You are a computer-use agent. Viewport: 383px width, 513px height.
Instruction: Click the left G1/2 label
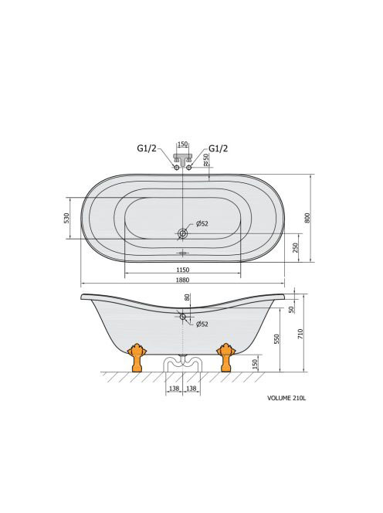147,148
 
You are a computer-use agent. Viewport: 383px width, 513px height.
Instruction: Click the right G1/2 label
218,148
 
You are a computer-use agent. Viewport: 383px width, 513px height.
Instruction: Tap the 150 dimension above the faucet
182,144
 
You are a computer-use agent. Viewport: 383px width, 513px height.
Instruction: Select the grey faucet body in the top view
182,158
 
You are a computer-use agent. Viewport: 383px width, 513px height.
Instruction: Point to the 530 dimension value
66,218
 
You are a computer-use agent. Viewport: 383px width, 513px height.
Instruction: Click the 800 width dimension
307,218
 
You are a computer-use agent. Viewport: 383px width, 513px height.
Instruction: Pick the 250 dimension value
296,248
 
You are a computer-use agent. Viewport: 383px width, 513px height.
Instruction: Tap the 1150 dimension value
183,270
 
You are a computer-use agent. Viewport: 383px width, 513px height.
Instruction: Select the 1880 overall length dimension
183,280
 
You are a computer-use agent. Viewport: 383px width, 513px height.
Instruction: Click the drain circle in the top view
182,233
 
